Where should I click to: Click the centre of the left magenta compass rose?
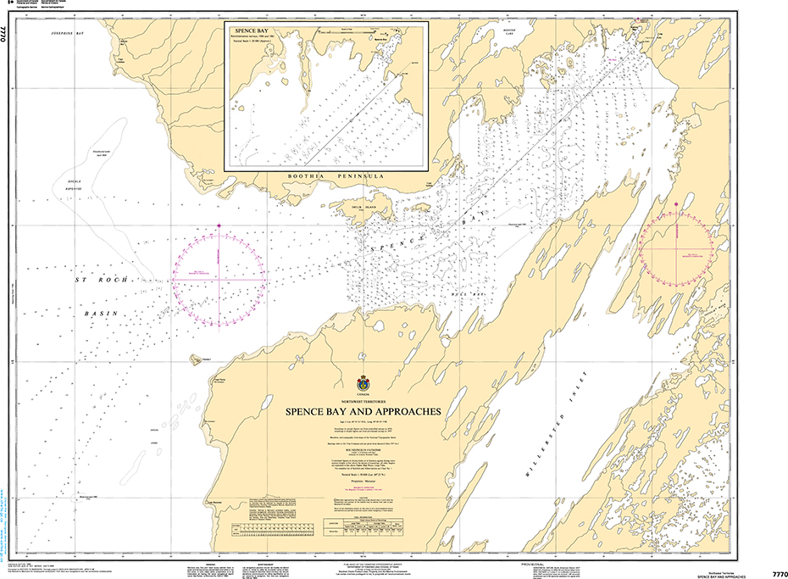[219, 276]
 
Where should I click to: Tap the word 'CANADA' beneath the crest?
[363, 395]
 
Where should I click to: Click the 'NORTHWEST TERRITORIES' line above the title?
[363, 402]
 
